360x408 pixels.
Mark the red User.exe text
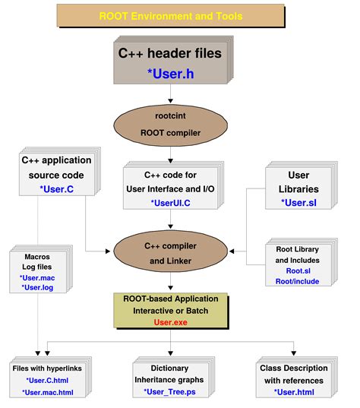click(x=170, y=322)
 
